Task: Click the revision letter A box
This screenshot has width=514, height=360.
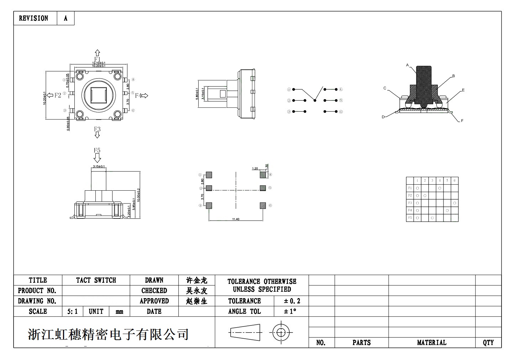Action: coord(65,18)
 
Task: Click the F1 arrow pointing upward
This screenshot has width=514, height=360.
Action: coord(97,53)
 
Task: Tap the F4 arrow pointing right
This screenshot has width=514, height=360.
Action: coord(145,95)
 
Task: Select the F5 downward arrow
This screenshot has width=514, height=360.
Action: coord(97,158)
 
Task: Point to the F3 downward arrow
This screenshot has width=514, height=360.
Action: coord(97,135)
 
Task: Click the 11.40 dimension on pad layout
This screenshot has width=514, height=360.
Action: coord(236,219)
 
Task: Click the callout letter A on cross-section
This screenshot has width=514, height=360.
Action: coord(407,65)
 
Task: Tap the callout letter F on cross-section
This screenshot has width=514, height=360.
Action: coord(462,121)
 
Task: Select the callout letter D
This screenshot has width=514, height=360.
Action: coord(383,117)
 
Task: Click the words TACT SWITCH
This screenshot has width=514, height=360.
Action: coord(96,280)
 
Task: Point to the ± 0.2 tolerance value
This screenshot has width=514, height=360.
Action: coord(292,301)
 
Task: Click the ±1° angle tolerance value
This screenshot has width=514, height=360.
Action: coord(290,311)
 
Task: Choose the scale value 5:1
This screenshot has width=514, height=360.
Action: coord(72,312)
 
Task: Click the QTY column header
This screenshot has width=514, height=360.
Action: coord(488,343)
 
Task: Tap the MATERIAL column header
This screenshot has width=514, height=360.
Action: coord(431,343)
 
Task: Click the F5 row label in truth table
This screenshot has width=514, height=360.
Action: coord(410,218)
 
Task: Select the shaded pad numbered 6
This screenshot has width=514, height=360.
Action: coord(263,205)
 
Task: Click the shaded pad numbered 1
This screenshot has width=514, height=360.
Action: coord(209,175)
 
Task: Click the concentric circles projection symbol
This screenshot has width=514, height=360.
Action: coord(281,333)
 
